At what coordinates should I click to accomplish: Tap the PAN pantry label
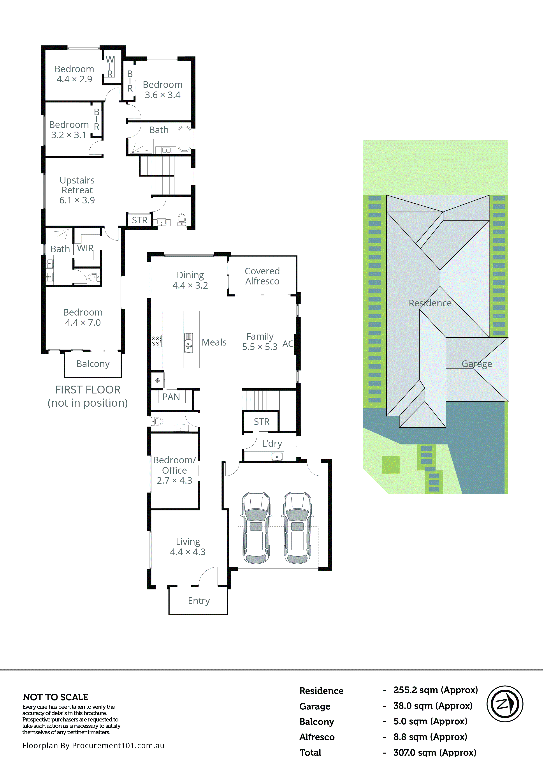pyautogui.click(x=171, y=397)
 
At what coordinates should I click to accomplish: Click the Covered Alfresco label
pyautogui.click(x=262, y=276)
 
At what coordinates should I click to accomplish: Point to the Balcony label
pyautogui.click(x=93, y=364)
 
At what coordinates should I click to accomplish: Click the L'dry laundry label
pyautogui.click(x=272, y=443)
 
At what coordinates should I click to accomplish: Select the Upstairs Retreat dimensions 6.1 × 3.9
pyautogui.click(x=77, y=200)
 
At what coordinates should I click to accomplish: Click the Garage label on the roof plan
pyautogui.click(x=477, y=364)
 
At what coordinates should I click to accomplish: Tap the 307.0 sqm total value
pyautogui.click(x=434, y=753)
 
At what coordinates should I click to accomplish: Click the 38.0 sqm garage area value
pyautogui.click(x=432, y=706)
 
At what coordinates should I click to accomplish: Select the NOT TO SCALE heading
pyautogui.click(x=56, y=697)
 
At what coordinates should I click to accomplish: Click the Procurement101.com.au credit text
pyautogui.click(x=93, y=746)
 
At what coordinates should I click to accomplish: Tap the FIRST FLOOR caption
pyautogui.click(x=88, y=390)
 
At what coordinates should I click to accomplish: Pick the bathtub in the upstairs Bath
pyautogui.click(x=184, y=138)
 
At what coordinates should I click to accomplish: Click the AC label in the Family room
pyautogui.click(x=288, y=344)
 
